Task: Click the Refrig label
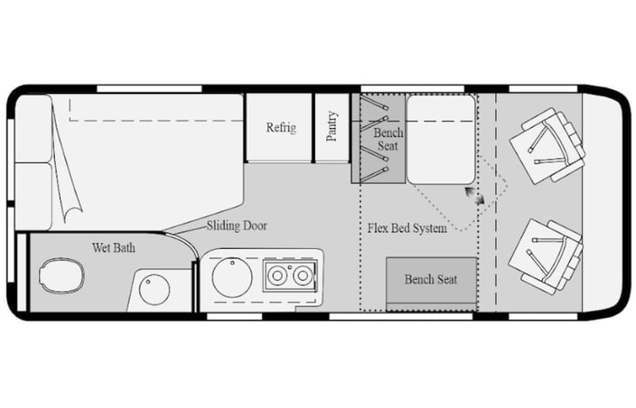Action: tap(280, 128)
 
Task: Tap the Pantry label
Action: tap(331, 127)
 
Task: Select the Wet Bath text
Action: tap(113, 248)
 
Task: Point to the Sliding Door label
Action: tap(237, 226)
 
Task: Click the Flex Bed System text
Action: tap(407, 229)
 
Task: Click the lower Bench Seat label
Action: tap(431, 279)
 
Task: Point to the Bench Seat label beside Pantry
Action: tap(389, 139)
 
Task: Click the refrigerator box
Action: tap(279, 128)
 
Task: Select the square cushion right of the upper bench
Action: tap(441, 126)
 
